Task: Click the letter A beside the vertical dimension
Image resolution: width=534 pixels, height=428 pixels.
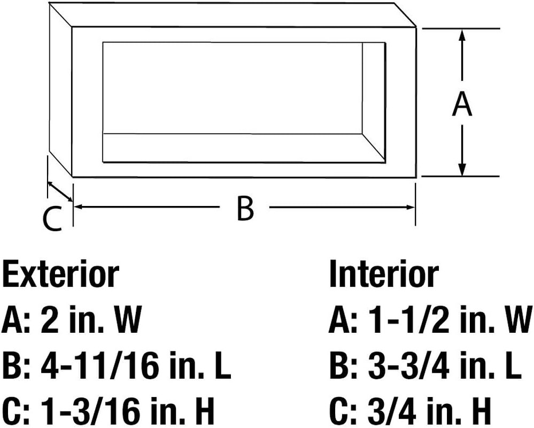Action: (x=462, y=105)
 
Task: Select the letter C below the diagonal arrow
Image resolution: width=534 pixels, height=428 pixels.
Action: (x=53, y=218)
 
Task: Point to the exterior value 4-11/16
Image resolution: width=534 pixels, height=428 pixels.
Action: (x=100, y=366)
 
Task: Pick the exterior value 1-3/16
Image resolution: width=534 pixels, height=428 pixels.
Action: (x=90, y=411)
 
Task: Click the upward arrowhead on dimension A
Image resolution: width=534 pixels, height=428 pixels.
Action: (x=462, y=35)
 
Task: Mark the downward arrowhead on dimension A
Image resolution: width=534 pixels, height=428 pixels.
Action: (x=462, y=170)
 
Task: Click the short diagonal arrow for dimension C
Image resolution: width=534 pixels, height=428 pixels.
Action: (x=60, y=192)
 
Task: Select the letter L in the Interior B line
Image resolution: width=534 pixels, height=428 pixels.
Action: (x=512, y=366)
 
